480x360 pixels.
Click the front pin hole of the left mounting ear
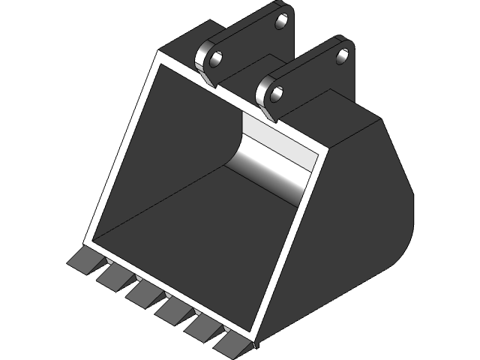click(x=214, y=58)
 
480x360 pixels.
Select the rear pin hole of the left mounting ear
click(x=283, y=20)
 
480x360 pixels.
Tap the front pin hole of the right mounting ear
click(x=275, y=94)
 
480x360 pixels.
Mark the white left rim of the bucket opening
click(x=120, y=150)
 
